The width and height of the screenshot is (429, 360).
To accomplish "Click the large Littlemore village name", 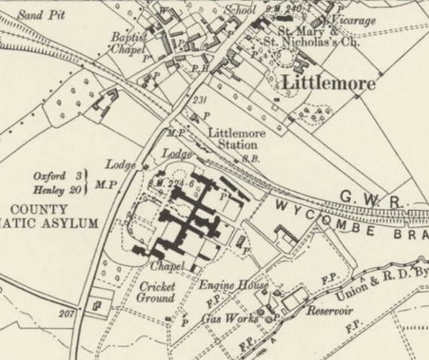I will tap(327, 84).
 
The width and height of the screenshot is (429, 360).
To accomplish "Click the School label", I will tap(241, 11).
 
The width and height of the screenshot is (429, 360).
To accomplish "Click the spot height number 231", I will tap(200, 100).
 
